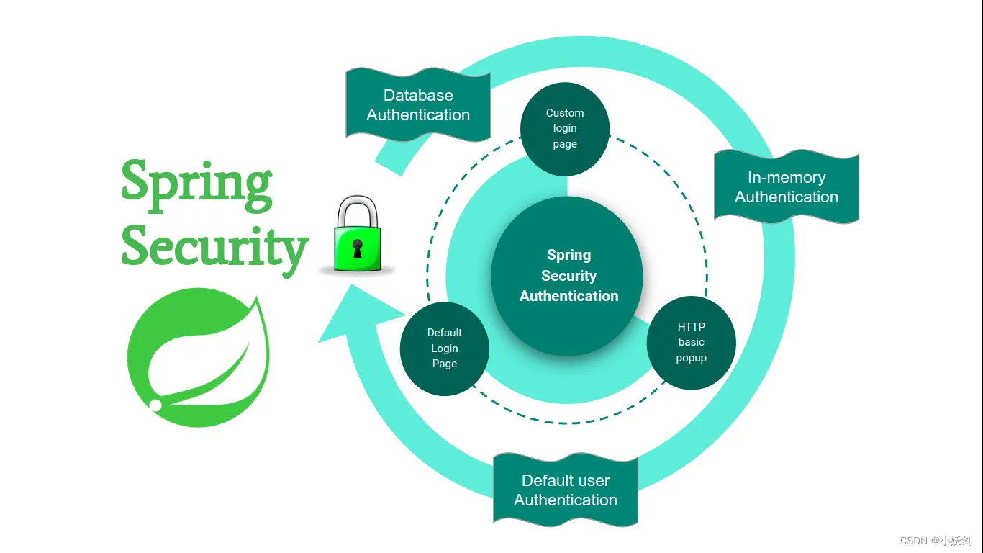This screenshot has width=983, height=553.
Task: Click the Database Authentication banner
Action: (418, 105)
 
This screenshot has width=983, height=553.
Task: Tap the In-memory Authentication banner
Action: (787, 187)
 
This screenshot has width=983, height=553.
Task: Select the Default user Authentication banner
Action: (566, 490)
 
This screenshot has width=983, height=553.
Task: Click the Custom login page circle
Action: (565, 129)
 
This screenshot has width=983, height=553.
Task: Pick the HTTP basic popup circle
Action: (691, 343)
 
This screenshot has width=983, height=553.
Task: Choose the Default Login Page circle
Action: (445, 349)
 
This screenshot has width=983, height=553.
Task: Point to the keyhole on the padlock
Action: (357, 248)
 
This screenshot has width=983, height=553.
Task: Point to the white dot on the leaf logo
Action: (155, 405)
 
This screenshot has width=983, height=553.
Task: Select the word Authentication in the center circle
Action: (568, 296)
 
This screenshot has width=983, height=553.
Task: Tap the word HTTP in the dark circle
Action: (691, 327)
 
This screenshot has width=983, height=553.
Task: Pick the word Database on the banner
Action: (418, 95)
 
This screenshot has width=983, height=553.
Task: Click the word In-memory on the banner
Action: (787, 178)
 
